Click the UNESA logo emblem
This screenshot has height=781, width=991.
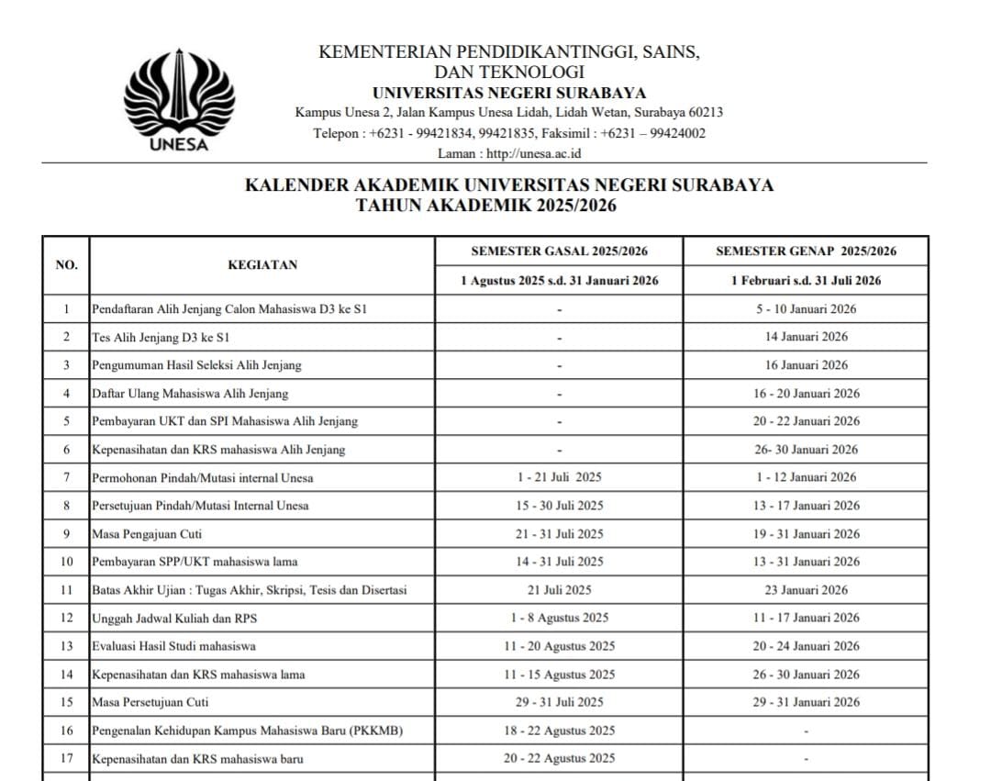179,98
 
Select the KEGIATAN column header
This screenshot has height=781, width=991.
262,265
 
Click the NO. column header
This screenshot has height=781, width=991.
66,265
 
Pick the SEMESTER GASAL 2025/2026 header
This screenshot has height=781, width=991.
559,251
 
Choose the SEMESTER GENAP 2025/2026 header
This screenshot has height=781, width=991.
806,251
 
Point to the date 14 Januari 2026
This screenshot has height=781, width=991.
807,337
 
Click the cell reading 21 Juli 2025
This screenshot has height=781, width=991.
559,590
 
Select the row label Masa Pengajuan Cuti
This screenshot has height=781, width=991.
147,534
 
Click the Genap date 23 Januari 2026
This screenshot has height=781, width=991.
807,590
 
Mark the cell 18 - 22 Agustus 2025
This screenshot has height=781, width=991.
559,731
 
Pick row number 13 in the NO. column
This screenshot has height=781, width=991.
66,646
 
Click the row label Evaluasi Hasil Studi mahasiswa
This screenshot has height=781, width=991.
173,646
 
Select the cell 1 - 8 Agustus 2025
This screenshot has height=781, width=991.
559,619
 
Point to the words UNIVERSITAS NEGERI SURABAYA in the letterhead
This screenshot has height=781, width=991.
509,93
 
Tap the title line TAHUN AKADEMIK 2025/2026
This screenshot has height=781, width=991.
486,206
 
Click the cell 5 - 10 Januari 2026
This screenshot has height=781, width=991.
807,309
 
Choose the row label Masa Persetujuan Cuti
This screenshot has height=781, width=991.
150,702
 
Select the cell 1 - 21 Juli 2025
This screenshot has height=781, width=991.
559,477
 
